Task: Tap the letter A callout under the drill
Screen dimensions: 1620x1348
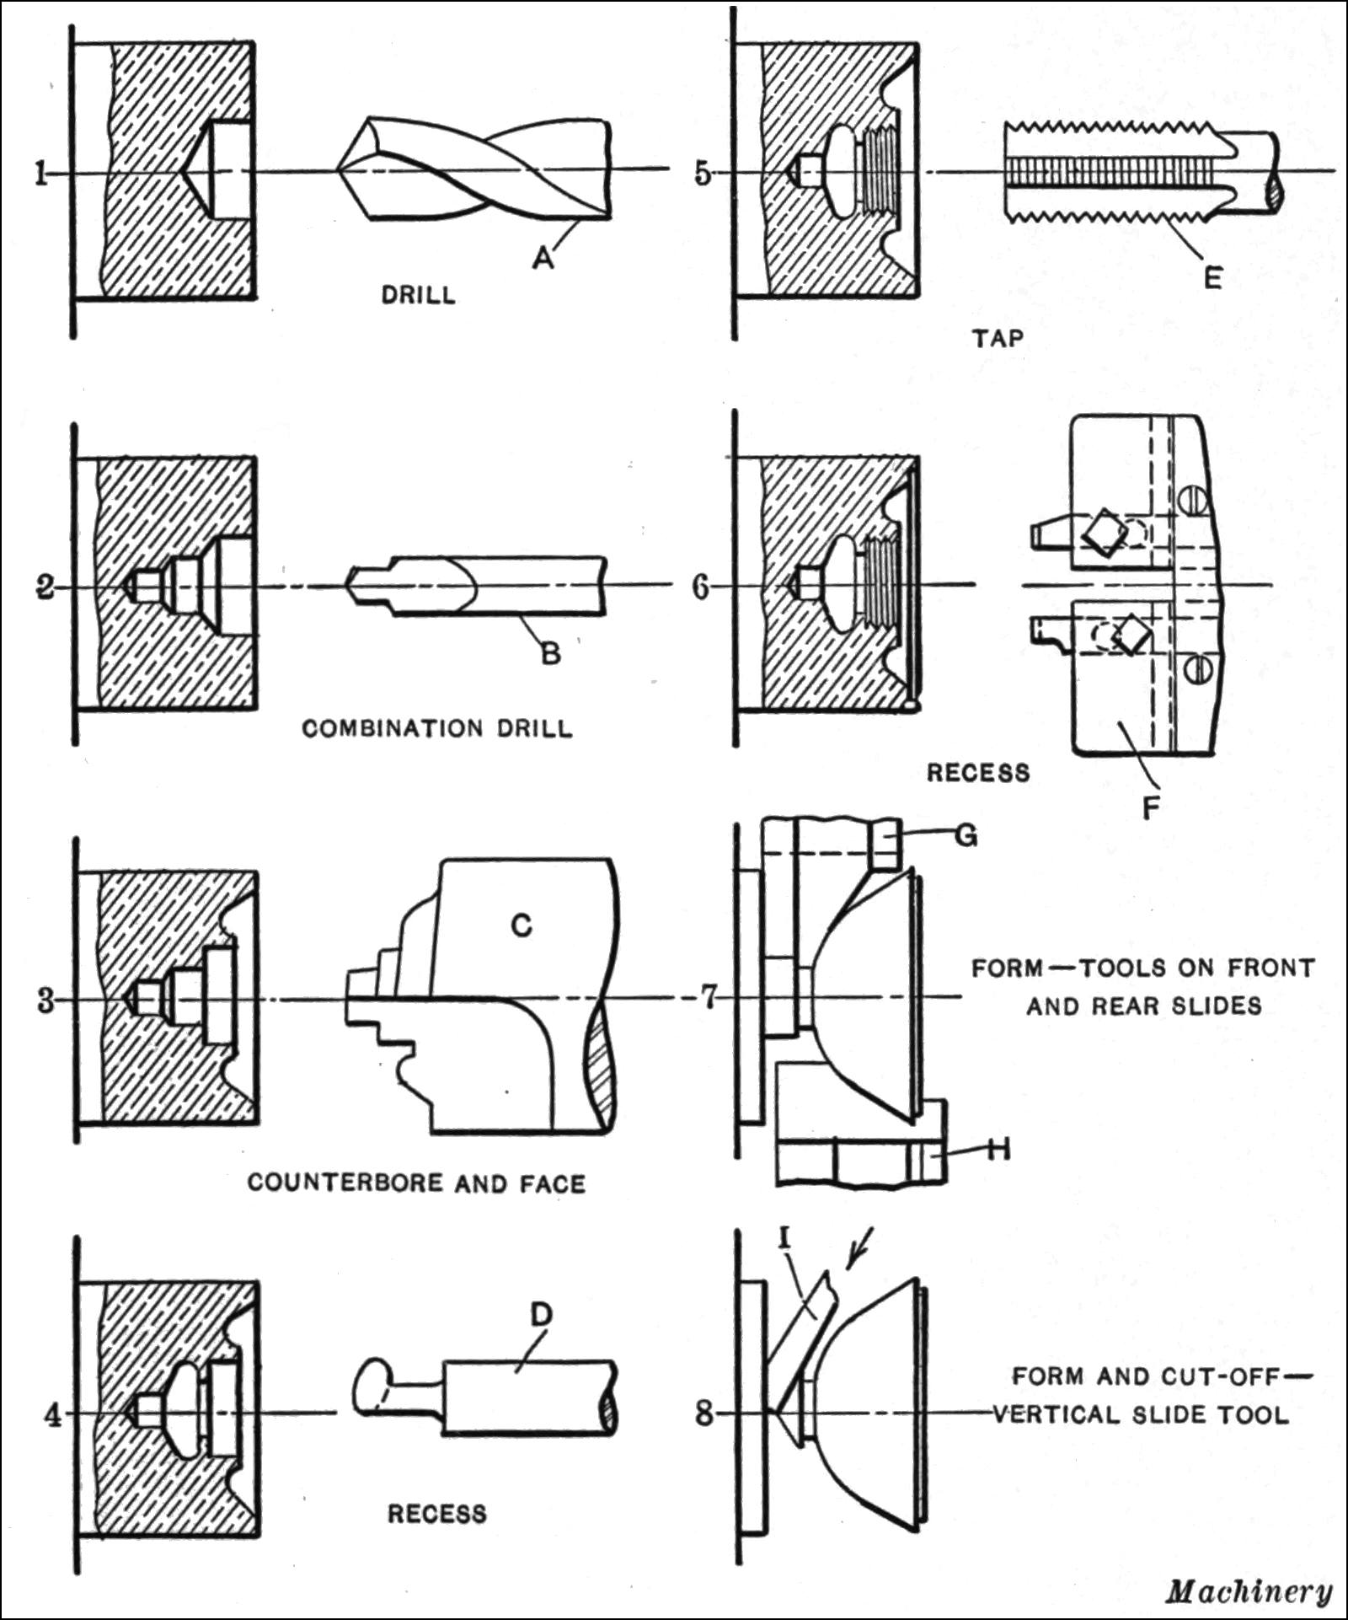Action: pyautogui.click(x=544, y=257)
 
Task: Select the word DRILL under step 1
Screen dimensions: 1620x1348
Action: pyautogui.click(x=419, y=295)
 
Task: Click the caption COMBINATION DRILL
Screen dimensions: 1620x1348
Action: pyautogui.click(x=437, y=728)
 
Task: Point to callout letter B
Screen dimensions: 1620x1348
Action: pyautogui.click(x=550, y=652)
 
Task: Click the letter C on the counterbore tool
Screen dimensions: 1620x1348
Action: pyautogui.click(x=522, y=925)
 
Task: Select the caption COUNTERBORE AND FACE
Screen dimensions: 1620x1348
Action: pyautogui.click(x=416, y=1183)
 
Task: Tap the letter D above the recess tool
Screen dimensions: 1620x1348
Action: pyautogui.click(x=540, y=1314)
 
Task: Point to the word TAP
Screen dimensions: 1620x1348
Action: pyautogui.click(x=998, y=339)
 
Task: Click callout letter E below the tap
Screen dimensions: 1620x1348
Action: pyautogui.click(x=1212, y=278)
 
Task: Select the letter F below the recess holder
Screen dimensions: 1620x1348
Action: pyautogui.click(x=1151, y=807)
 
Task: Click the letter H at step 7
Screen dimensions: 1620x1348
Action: pyautogui.click(x=998, y=1149)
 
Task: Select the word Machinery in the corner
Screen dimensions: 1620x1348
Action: pyautogui.click(x=1249, y=1591)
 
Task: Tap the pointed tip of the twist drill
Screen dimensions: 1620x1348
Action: pyautogui.click(x=340, y=171)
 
